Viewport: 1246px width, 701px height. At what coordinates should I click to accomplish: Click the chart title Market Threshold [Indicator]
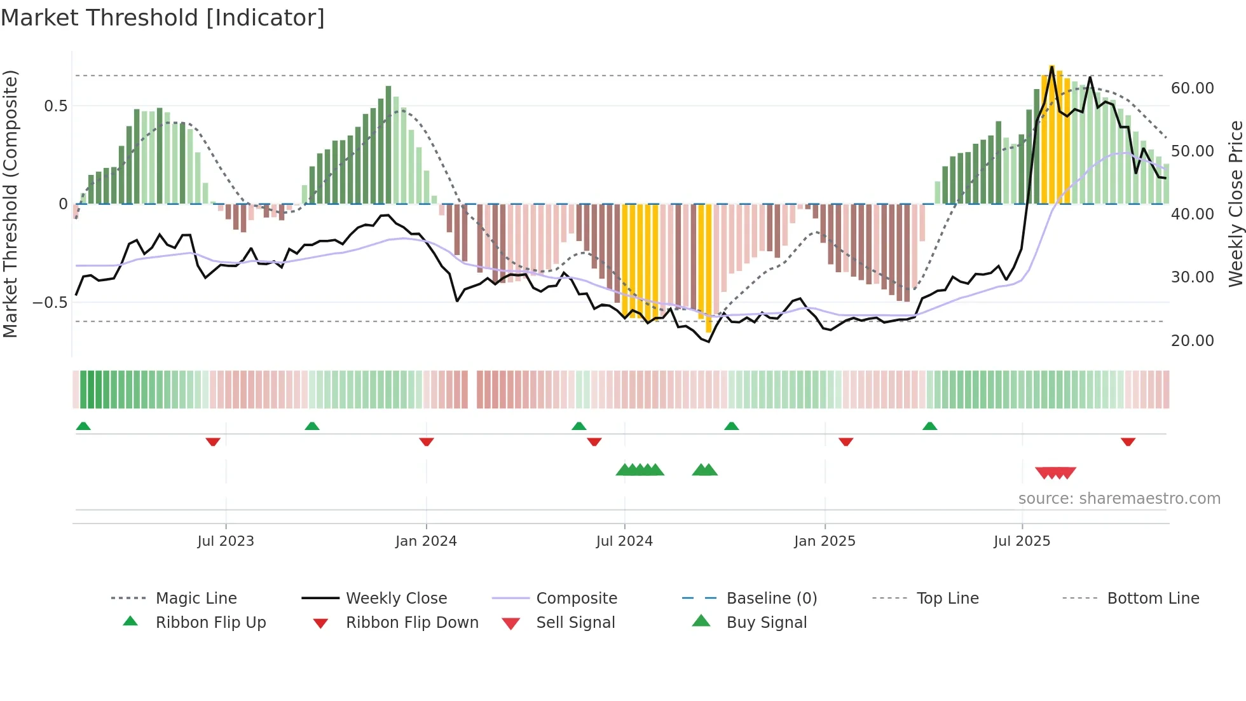(163, 18)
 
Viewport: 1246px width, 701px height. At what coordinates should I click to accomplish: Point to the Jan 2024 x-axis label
(426, 541)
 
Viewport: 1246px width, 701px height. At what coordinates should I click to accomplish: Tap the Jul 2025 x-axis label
(1022, 541)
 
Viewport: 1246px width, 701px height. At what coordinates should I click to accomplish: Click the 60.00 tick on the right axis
(1192, 88)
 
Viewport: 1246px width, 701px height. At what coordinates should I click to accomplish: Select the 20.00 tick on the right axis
(1192, 341)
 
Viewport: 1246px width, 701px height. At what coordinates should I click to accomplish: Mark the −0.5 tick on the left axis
(50, 303)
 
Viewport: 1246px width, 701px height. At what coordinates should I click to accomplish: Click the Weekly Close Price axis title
(1235, 204)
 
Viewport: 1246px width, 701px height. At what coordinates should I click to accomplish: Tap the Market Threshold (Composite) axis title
(10, 204)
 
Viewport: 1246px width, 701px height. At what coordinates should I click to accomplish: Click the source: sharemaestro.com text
(1119, 499)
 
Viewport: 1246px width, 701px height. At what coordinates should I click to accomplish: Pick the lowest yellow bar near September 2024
(709, 267)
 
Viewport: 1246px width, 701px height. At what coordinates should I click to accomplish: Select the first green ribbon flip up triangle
(83, 426)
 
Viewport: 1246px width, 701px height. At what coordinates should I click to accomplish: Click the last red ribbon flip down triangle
(1128, 441)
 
